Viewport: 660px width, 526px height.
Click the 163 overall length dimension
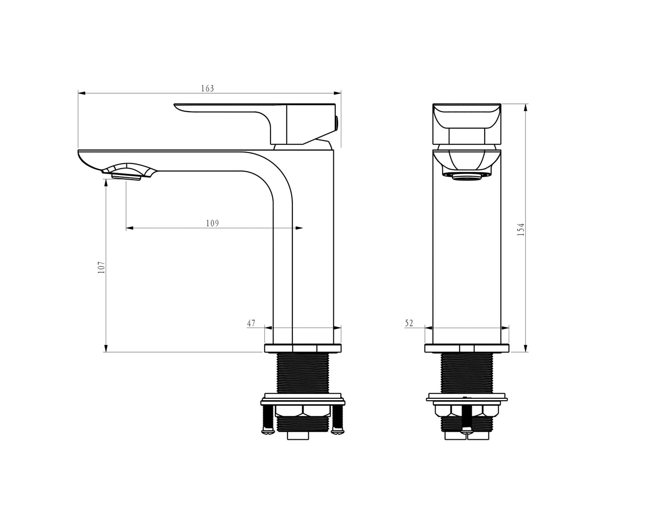[207, 89]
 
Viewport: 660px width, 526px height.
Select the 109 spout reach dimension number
[212, 223]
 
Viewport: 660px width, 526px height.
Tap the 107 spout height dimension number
[101, 268]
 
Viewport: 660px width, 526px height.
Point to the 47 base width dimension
[251, 323]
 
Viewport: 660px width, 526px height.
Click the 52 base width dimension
[409, 323]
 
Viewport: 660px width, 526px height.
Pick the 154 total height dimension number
[521, 229]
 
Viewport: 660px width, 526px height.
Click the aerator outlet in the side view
[126, 176]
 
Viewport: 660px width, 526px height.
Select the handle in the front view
[467, 123]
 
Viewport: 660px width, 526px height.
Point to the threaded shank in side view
[303, 372]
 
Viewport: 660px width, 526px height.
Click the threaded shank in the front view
[467, 372]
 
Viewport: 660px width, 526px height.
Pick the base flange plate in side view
[303, 348]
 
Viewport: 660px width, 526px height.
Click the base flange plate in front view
[467, 348]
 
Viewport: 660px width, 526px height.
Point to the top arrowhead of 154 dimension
[526, 107]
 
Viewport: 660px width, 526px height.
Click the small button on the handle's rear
[337, 124]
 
